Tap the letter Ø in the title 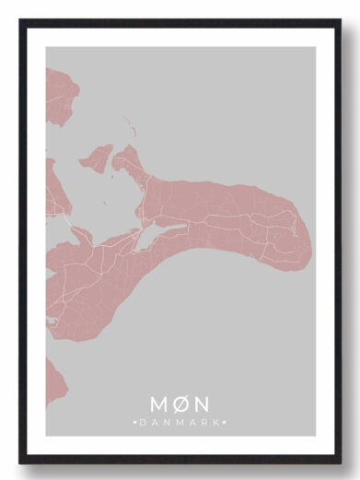click(180, 404)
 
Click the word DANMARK click(180, 422)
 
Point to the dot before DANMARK click(135, 422)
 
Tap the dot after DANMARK click(226, 422)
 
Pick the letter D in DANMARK click(143, 422)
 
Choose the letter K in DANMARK click(218, 422)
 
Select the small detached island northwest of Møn click(96, 158)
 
